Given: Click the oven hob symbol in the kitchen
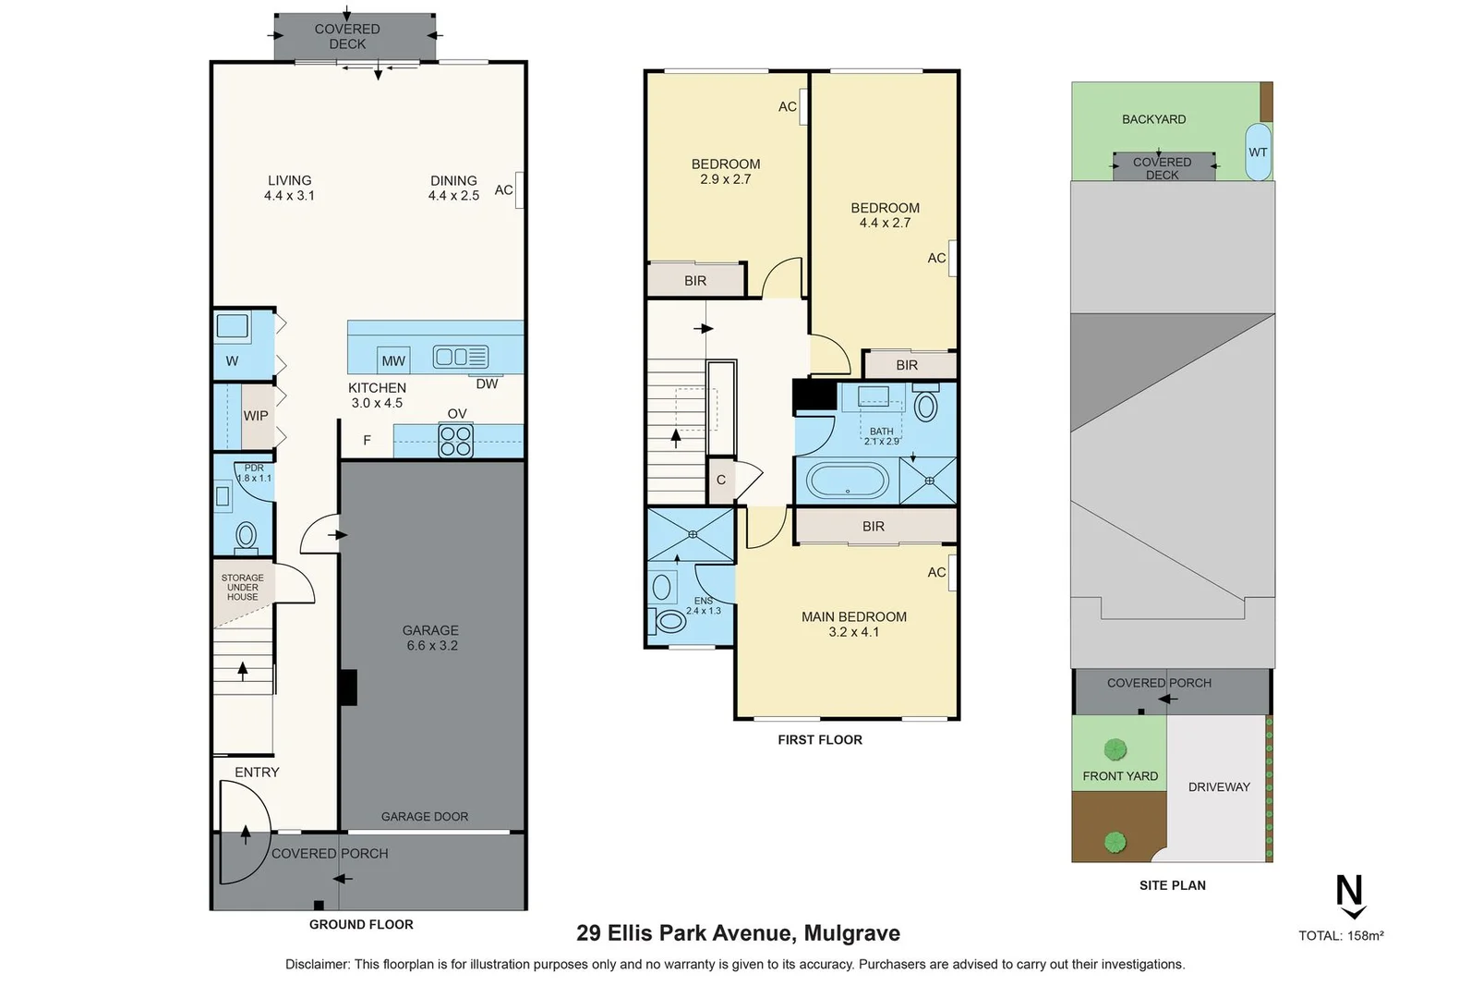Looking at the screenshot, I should tap(455, 441).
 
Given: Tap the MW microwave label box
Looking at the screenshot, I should tap(393, 360).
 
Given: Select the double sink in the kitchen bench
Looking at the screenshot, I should tap(461, 357).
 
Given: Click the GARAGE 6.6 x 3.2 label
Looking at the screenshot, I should tap(431, 638).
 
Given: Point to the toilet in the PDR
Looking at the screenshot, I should tap(246, 535).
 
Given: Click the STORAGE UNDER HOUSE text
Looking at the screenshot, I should tap(243, 588).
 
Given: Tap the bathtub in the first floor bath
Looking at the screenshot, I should tap(848, 481).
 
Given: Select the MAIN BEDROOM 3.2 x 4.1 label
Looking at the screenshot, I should tap(853, 624).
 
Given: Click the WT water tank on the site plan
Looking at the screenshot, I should tap(1258, 152).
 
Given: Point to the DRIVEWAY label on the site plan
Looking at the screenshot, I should tap(1219, 787).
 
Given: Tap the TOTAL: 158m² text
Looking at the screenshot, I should tap(1341, 936).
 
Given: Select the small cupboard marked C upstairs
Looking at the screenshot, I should tap(721, 481).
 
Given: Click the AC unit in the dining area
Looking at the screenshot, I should tap(520, 190).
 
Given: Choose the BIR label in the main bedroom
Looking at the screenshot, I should tap(873, 527).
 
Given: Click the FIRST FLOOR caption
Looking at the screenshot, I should tap(820, 740).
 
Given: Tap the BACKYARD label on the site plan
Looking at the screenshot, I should tap(1153, 119).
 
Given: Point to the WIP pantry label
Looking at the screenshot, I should tap(256, 416).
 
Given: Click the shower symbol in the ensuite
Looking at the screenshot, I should tap(692, 534).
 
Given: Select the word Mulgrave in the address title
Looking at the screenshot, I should tap(851, 933).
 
